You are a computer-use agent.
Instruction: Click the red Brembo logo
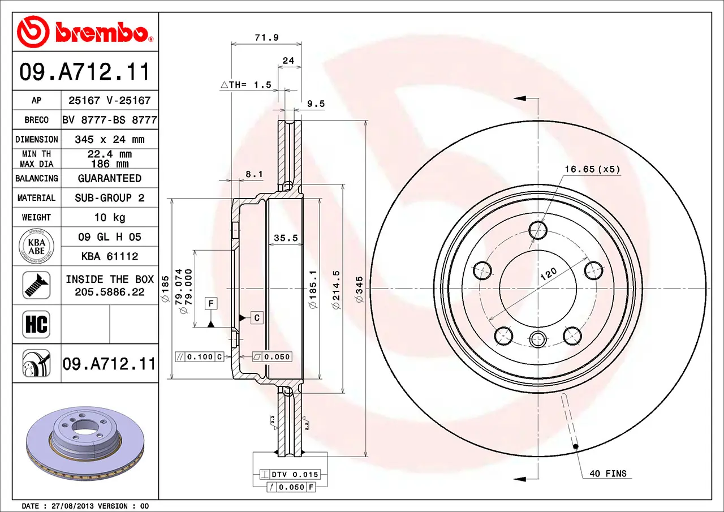(x=85, y=32)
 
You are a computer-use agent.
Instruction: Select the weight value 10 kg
(x=110, y=218)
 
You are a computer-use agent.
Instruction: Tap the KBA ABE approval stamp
(x=37, y=247)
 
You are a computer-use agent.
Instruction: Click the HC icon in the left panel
(x=36, y=324)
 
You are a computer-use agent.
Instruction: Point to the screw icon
(x=36, y=285)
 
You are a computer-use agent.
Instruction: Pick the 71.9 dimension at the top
(x=266, y=37)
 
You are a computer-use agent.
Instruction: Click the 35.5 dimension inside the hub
(x=286, y=238)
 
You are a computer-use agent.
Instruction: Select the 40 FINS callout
(x=608, y=474)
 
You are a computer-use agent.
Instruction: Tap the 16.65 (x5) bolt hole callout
(x=592, y=169)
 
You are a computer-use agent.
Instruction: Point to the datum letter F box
(x=211, y=303)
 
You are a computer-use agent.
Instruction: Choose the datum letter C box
(x=257, y=318)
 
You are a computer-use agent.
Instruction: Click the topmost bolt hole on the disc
(x=538, y=230)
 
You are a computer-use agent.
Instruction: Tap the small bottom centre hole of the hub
(x=538, y=339)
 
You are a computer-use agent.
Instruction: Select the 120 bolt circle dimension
(x=548, y=274)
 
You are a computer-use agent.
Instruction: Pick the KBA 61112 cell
(x=110, y=256)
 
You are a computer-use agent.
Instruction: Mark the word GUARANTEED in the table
(x=110, y=178)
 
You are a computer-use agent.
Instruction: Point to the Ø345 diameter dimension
(x=359, y=289)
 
